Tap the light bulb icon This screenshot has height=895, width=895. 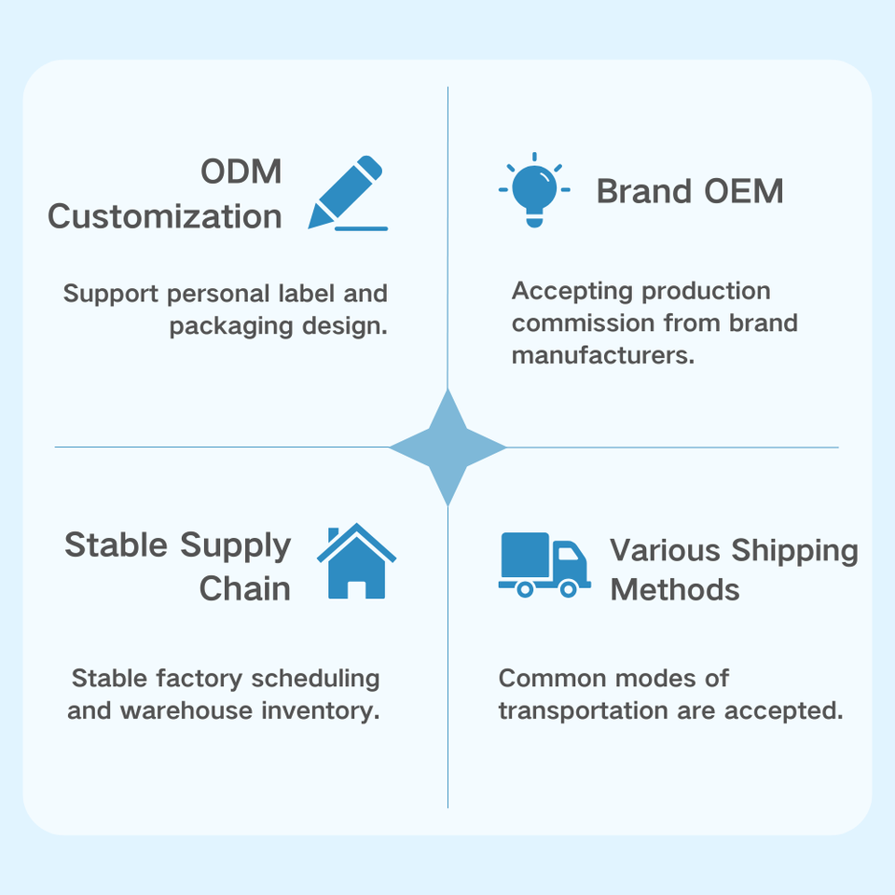click(x=534, y=189)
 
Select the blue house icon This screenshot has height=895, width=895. click(x=356, y=561)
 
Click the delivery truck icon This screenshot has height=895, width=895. click(x=544, y=565)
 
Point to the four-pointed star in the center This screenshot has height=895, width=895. click(x=447, y=447)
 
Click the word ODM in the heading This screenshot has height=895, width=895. click(x=241, y=172)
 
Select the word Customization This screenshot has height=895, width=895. click(x=165, y=216)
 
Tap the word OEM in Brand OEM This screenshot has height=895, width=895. click(x=744, y=190)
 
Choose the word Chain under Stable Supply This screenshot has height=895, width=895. click(x=245, y=588)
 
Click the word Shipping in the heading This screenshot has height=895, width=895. click(x=794, y=551)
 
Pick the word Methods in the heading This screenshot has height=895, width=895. click(x=675, y=589)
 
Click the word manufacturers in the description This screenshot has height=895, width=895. click(x=603, y=355)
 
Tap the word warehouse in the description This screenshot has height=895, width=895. click(x=186, y=710)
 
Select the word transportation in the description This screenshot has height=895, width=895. click(x=583, y=710)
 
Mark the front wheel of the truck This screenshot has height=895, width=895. click(x=569, y=588)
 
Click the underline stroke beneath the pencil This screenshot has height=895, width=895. click(x=362, y=228)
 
